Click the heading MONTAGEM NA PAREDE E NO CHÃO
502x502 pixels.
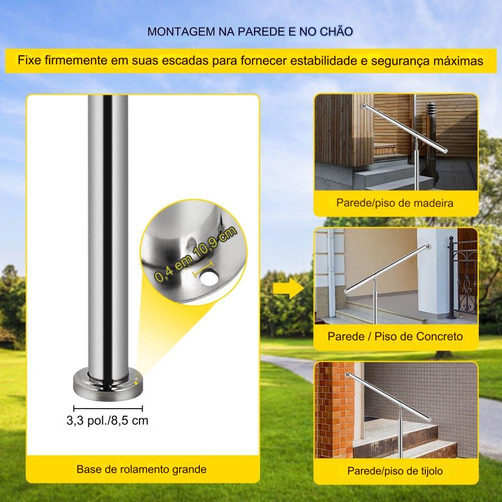click(250, 31)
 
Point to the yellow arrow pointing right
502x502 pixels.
click(288, 288)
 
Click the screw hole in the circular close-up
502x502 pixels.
click(209, 277)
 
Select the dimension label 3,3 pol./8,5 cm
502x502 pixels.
click(107, 420)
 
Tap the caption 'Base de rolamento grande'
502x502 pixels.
click(142, 469)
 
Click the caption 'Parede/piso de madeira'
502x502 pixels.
click(395, 203)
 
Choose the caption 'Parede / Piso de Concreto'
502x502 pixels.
click(395, 336)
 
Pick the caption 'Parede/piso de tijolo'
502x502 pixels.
click(395, 471)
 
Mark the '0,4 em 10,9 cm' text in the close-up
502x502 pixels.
click(196, 254)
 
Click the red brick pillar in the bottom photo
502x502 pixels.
click(334, 410)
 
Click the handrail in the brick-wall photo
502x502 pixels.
click(389, 397)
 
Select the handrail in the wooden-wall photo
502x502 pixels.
click(404, 128)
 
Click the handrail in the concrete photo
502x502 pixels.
click(387, 269)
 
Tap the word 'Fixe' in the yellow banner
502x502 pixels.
click(30, 60)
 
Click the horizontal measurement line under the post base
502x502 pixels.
click(108, 409)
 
